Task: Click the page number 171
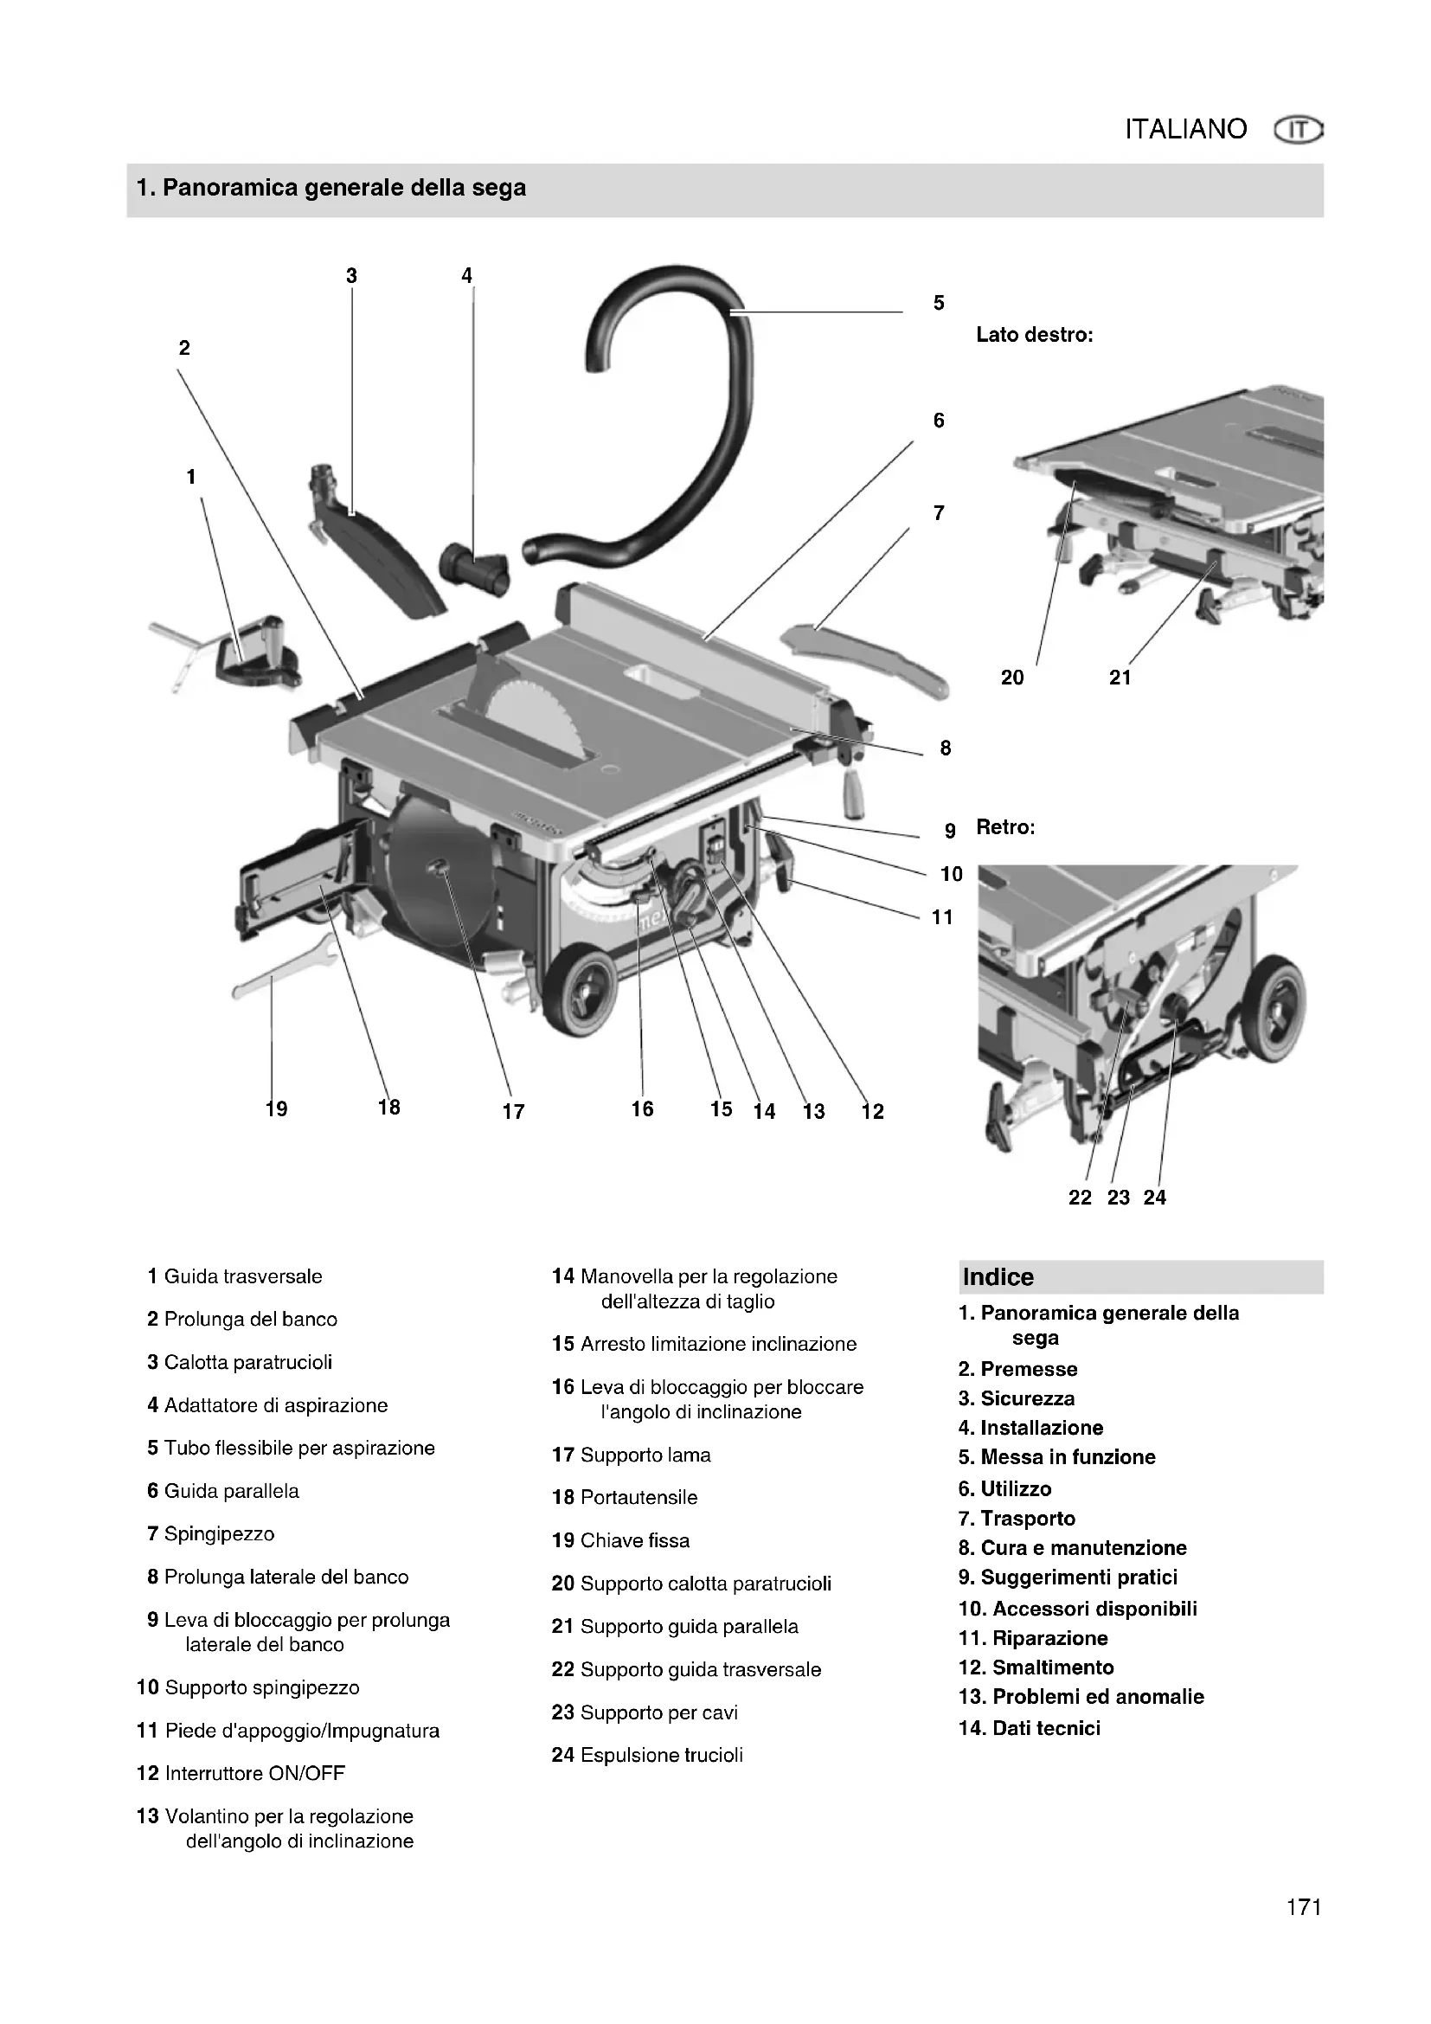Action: pos(1303,1907)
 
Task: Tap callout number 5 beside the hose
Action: pos(939,303)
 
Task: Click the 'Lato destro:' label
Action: pos(1035,335)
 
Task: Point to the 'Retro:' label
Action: pos(1005,827)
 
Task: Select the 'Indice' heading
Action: pos(998,1277)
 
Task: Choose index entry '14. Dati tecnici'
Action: pos(1030,1728)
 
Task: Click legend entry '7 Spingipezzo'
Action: pos(210,1534)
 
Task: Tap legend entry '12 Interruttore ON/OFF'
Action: pos(241,1773)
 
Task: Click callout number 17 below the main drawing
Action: pos(514,1112)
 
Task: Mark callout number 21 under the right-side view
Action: pos(1120,677)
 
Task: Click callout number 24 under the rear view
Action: pos(1154,1197)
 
